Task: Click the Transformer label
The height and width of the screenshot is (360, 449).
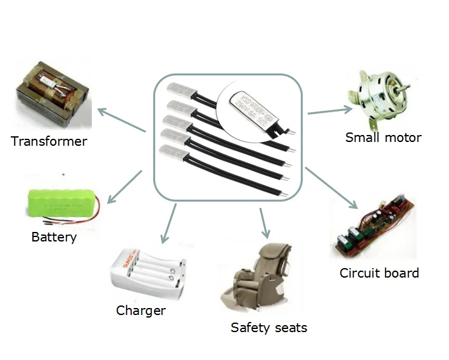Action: [x=49, y=141]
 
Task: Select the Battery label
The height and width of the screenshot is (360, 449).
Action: [x=54, y=237]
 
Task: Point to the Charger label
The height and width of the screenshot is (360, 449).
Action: [x=141, y=310]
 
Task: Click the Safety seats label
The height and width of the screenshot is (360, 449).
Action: [x=269, y=328]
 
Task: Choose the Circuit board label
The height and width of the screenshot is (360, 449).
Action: [x=379, y=273]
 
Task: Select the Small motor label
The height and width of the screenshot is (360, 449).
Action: [x=383, y=137]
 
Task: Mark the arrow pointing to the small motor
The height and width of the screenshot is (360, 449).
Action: [x=329, y=111]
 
